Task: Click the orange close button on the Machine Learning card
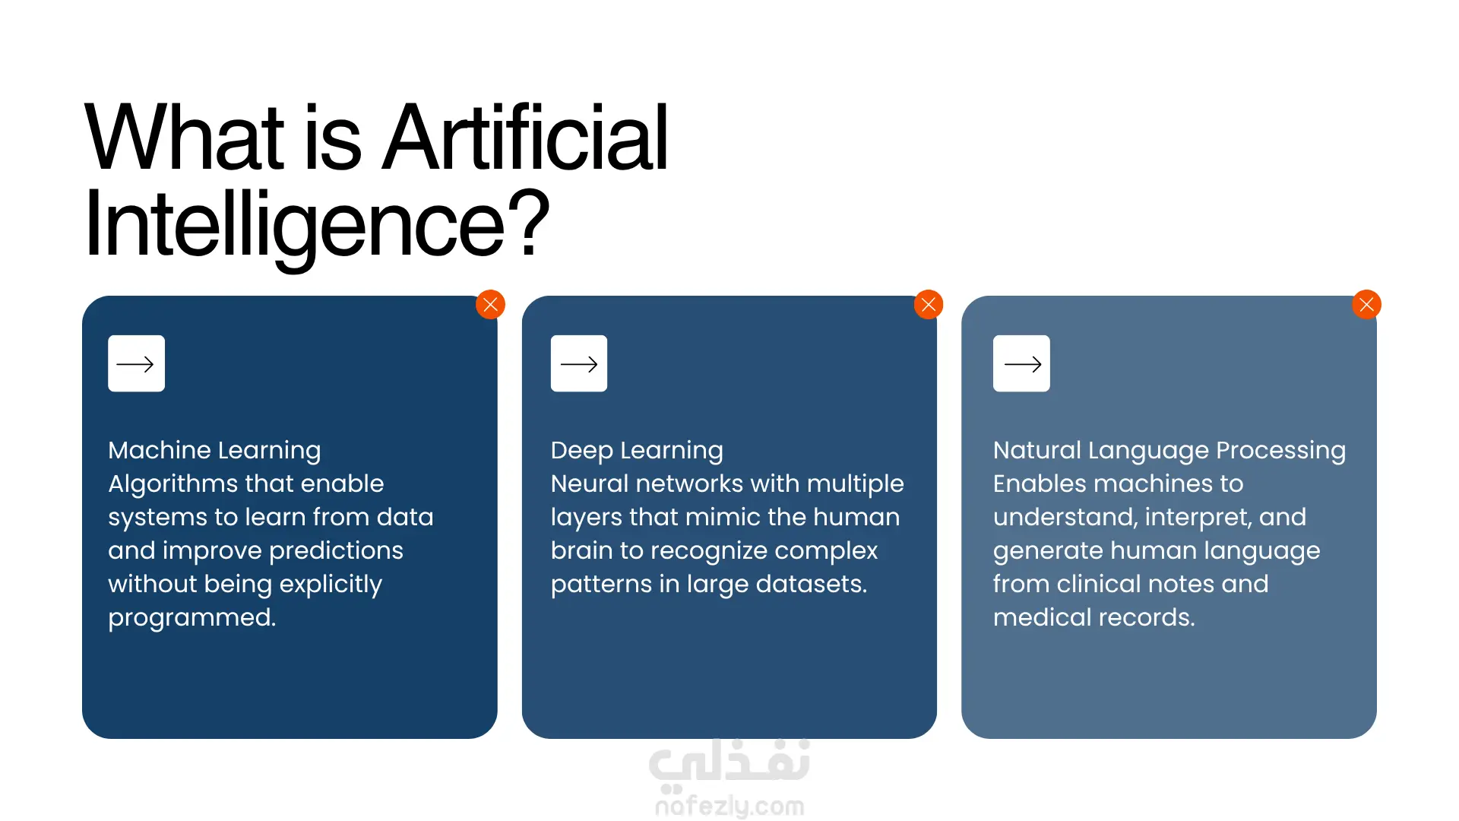tap(490, 305)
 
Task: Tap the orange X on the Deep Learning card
tap(929, 305)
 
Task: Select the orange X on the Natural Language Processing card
tap(1366, 305)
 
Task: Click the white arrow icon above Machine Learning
tap(136, 363)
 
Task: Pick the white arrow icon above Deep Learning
tap(579, 363)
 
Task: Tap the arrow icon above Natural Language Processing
tap(1021, 363)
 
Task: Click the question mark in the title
tap(528, 221)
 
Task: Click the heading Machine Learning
tap(214, 450)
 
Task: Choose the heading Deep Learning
tap(637, 450)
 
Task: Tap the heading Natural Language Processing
tap(1169, 450)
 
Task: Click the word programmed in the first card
tap(192, 618)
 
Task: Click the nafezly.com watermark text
tap(729, 806)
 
